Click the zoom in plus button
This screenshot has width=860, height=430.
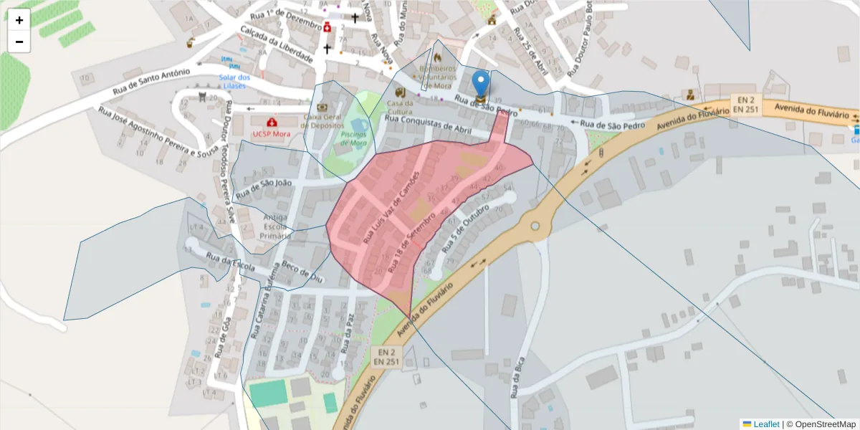pyautogui.click(x=19, y=20)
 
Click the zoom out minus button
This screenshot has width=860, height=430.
pyautogui.click(x=19, y=42)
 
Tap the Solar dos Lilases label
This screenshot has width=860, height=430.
pyautogui.click(x=234, y=81)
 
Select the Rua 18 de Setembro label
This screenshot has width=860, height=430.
pyautogui.click(x=411, y=241)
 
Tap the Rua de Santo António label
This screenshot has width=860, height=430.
pyautogui.click(x=151, y=82)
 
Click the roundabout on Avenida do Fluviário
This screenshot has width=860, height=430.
pyautogui.click(x=535, y=226)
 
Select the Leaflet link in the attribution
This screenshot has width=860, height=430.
pyautogui.click(x=765, y=424)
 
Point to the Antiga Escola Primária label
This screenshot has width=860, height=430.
pyautogui.click(x=276, y=226)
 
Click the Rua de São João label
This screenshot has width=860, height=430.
pyautogui.click(x=264, y=189)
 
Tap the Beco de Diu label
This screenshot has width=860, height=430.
pyautogui.click(x=304, y=269)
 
